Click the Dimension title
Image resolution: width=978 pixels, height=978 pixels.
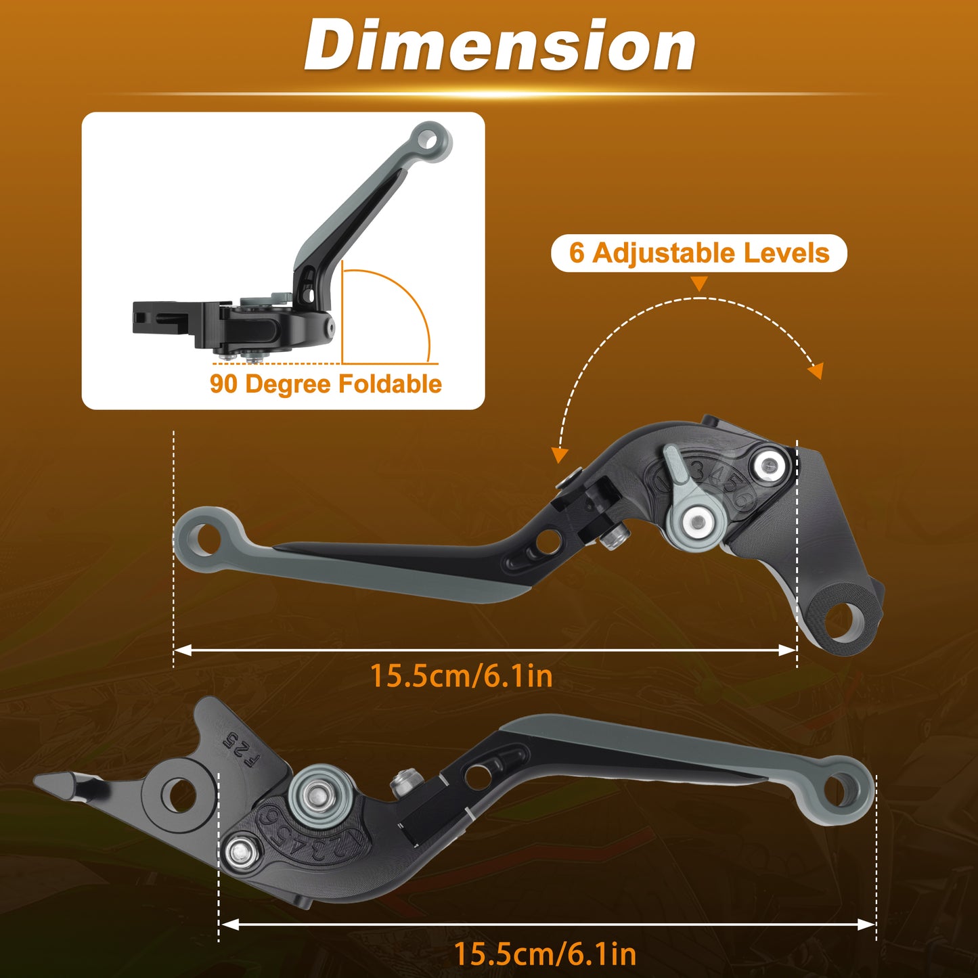coord(500,46)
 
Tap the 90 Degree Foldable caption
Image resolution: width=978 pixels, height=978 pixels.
coord(326,384)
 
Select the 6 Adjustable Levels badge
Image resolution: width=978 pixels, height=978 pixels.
coord(699,252)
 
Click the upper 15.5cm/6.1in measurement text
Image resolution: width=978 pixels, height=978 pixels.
coord(462,676)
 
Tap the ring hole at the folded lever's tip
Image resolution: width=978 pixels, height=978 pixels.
coord(432,141)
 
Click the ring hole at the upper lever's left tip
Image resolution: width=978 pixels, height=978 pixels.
coord(206,539)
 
